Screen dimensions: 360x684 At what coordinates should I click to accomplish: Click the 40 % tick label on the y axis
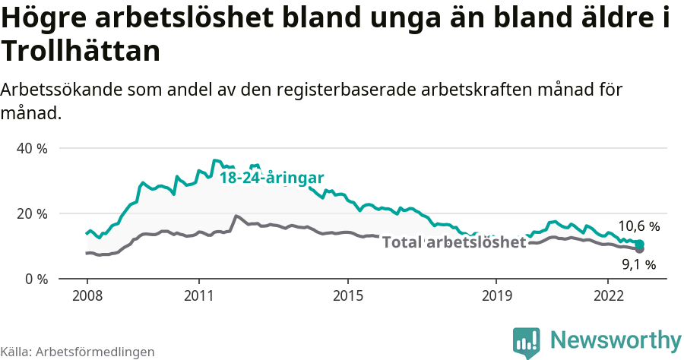31,148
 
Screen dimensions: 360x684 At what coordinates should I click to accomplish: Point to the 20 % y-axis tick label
31,213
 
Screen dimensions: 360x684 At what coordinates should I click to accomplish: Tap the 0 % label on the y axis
35,279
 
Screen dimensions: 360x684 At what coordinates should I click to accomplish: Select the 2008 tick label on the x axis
87,295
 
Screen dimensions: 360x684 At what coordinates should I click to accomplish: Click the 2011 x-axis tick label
199,295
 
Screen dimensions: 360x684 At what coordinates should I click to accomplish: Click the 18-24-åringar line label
272,178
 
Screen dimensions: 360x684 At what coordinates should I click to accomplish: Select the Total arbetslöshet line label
454,242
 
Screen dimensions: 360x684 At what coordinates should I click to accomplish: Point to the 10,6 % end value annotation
638,226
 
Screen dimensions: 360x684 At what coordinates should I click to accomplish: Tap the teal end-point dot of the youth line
640,244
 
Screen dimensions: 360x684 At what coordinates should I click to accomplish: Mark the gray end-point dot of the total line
640,249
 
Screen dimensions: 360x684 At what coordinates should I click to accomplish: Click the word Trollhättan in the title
81,52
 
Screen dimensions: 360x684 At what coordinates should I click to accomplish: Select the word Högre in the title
48,19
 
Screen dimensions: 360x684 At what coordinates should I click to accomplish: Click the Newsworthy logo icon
527,343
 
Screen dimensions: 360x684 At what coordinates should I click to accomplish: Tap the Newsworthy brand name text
615,339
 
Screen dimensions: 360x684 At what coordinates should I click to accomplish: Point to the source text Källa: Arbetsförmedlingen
78,352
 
